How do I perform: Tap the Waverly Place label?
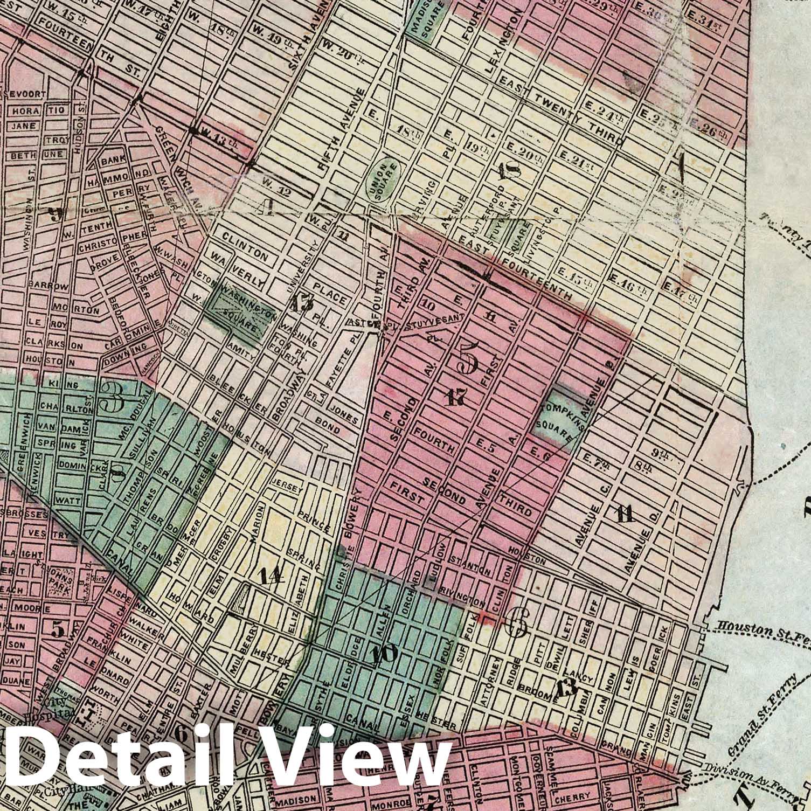coord(278,274)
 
